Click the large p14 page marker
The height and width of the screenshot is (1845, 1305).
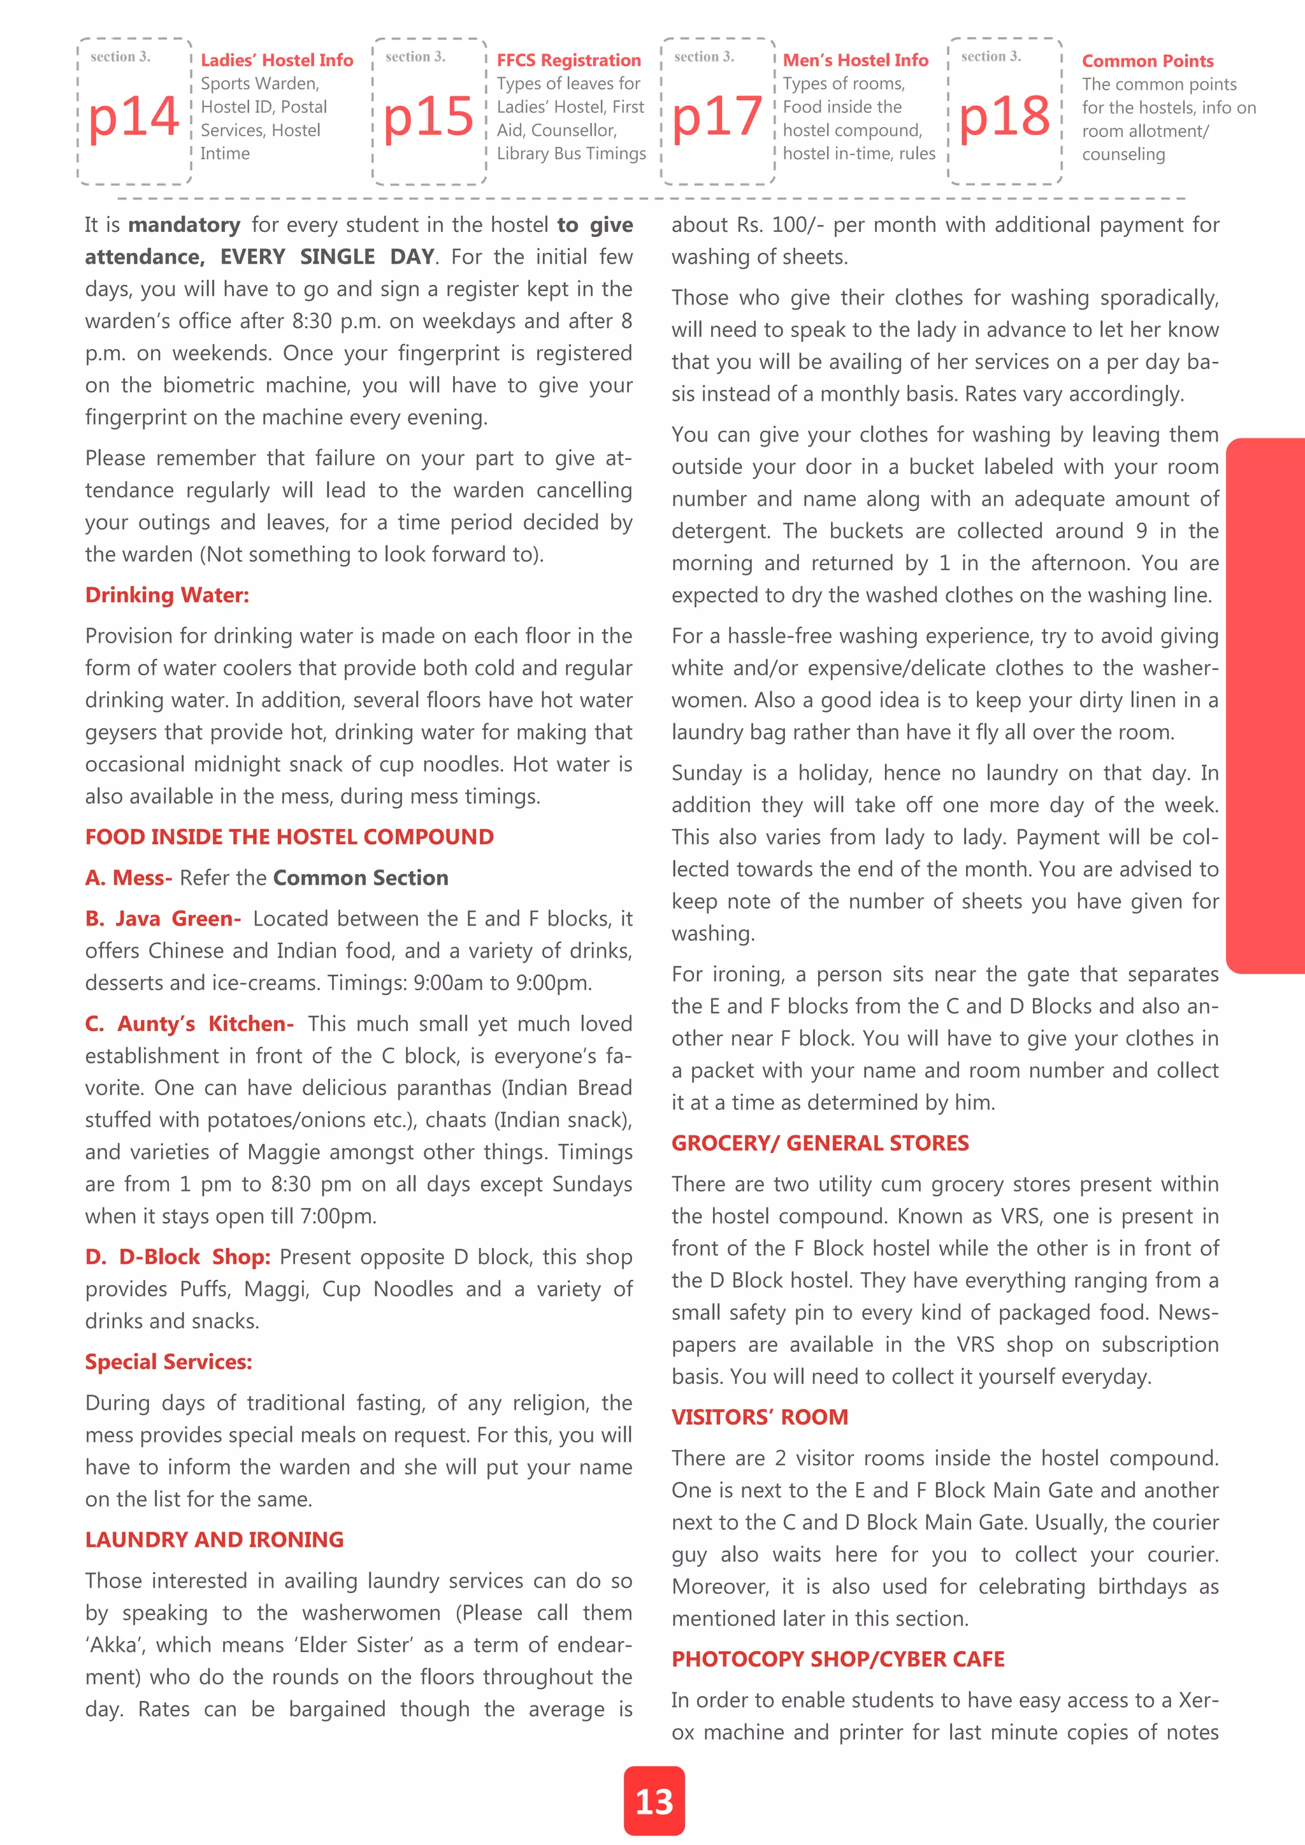coord(133,117)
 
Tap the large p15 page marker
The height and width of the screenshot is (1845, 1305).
coord(428,117)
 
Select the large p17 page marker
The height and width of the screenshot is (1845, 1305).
coord(717,117)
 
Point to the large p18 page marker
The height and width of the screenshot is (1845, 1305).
coord(1004,117)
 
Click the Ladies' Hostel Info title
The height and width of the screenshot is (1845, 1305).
coord(277,61)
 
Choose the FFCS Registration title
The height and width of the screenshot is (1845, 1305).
coord(568,61)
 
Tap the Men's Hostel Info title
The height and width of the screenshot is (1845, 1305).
coord(855,61)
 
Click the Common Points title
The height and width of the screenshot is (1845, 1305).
coord(1147,61)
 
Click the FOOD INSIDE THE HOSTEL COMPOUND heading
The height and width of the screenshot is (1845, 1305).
coord(289,837)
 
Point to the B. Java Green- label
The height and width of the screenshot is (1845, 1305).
coord(163,919)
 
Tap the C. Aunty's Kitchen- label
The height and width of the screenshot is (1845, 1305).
coord(190,1024)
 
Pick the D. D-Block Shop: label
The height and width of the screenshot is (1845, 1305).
coord(178,1257)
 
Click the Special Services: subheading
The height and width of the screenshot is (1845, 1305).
coord(169,1362)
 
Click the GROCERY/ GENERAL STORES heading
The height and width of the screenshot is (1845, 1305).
coord(819,1144)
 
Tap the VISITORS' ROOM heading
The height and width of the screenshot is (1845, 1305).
coord(760,1418)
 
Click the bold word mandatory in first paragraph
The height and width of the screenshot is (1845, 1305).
coord(184,225)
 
